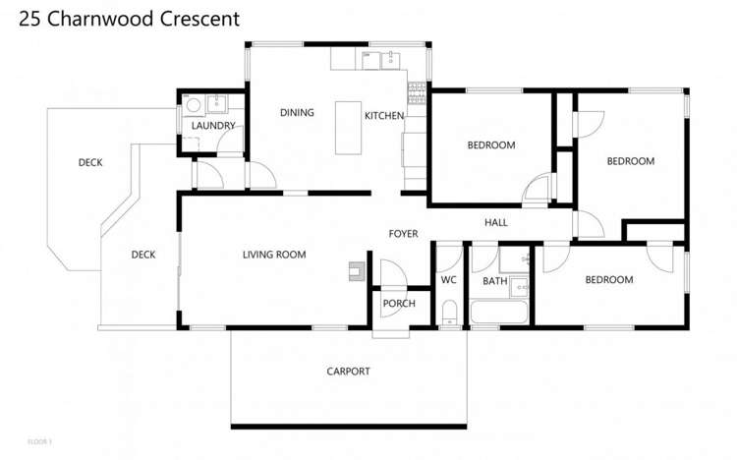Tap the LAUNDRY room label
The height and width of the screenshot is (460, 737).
pyautogui.click(x=213, y=126)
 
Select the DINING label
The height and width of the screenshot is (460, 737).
pyautogui.click(x=297, y=113)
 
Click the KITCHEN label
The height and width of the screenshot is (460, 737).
pyautogui.click(x=383, y=116)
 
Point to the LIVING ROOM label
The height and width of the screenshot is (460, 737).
pyautogui.click(x=274, y=255)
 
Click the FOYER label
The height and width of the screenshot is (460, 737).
pyautogui.click(x=403, y=234)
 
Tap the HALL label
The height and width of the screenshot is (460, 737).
pyautogui.click(x=496, y=223)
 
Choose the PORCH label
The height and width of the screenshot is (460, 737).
pyautogui.click(x=399, y=304)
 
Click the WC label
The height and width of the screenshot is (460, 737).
pyautogui.click(x=449, y=280)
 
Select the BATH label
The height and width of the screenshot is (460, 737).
pyautogui.click(x=494, y=282)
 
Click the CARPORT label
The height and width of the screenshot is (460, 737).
pyautogui.click(x=348, y=371)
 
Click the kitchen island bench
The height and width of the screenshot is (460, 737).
pyautogui.click(x=348, y=127)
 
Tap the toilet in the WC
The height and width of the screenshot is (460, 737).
pyautogui.click(x=449, y=314)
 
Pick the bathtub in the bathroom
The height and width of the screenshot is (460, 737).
pyautogui.click(x=500, y=314)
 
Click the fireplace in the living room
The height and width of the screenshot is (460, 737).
pyautogui.click(x=356, y=271)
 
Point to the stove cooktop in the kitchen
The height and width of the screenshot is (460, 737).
pyautogui.click(x=418, y=93)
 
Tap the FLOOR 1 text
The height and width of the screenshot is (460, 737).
pyautogui.click(x=39, y=441)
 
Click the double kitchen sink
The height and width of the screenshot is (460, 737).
pyautogui.click(x=382, y=61)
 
